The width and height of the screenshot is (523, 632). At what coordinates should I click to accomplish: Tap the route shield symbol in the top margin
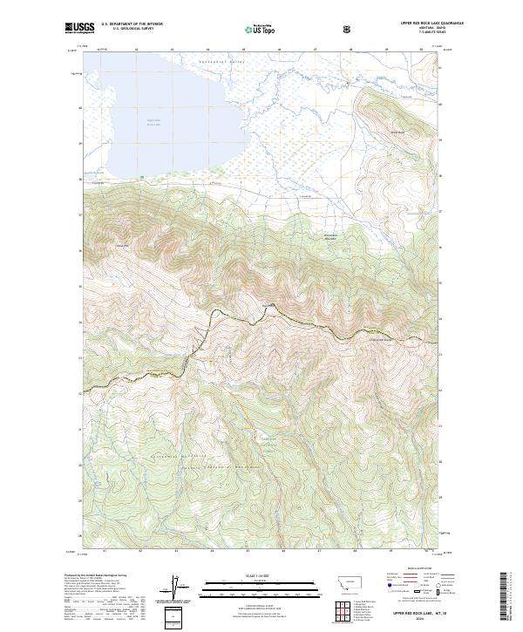pyautogui.click(x=349, y=29)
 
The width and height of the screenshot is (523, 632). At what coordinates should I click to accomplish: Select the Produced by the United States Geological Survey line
pyautogui.click(x=95, y=576)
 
